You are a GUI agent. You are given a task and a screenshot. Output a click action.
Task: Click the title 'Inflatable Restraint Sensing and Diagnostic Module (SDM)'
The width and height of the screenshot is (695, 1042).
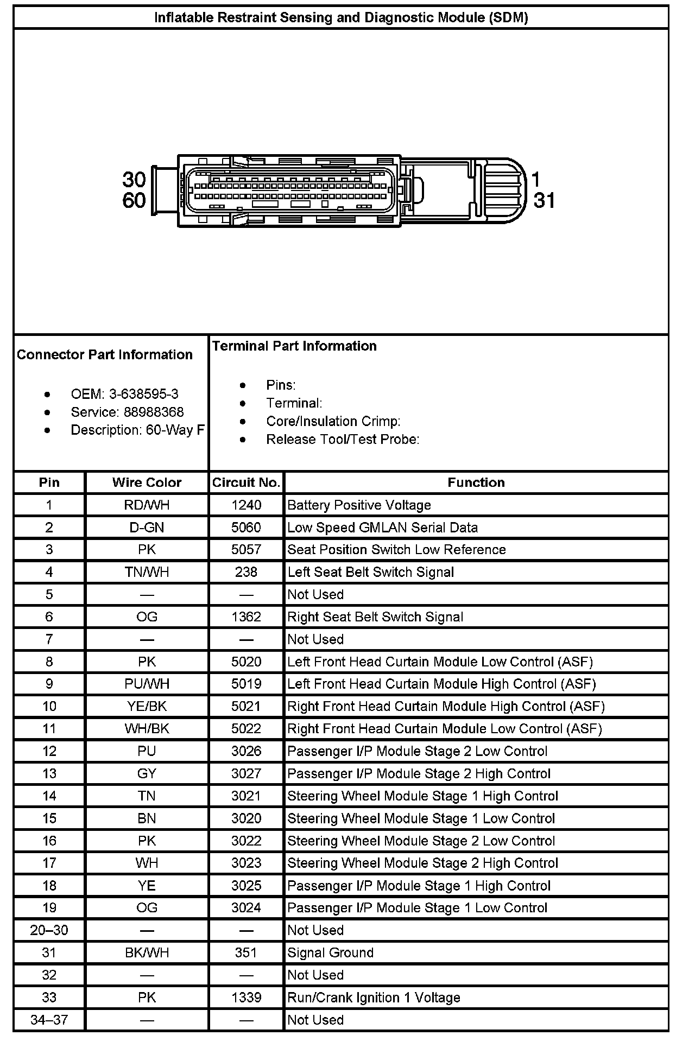(341, 17)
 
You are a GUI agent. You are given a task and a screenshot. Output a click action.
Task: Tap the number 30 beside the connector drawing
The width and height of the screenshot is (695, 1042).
(134, 179)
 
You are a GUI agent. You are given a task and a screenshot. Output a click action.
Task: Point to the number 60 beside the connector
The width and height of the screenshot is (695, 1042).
(134, 200)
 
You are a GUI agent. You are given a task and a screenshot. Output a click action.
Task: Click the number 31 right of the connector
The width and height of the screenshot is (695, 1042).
(544, 200)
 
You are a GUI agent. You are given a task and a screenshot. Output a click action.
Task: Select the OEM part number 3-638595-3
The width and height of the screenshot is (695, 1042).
(144, 394)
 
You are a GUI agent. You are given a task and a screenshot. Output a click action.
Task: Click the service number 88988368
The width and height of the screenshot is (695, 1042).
(154, 412)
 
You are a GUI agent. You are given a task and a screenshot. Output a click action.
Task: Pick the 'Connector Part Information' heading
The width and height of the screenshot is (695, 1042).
(105, 354)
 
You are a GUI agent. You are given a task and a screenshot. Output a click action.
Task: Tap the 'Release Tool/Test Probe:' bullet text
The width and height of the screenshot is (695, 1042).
(343, 439)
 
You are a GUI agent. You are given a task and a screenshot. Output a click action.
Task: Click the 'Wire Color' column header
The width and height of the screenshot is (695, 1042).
(147, 482)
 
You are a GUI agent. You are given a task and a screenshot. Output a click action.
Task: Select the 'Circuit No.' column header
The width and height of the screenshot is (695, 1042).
(246, 482)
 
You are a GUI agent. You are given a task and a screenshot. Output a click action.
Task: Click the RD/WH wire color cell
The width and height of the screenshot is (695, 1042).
(147, 505)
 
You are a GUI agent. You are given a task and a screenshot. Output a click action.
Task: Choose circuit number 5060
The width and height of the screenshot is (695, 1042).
(246, 528)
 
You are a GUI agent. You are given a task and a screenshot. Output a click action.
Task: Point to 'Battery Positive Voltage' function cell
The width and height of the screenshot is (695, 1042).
(359, 505)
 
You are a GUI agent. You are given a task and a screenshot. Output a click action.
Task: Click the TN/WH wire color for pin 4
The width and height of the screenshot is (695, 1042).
(147, 572)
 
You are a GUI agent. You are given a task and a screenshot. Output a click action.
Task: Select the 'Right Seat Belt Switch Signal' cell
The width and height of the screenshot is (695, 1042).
(375, 617)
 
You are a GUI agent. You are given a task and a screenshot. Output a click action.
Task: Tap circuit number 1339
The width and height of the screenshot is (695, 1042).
(246, 997)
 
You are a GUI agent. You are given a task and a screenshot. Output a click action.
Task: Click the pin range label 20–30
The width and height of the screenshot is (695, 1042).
(49, 930)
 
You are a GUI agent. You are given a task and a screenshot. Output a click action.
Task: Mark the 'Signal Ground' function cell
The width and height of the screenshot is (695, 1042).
(330, 952)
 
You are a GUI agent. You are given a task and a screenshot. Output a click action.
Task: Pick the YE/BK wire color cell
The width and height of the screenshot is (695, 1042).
(147, 706)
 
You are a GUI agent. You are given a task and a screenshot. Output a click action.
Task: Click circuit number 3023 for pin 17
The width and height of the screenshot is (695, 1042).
(246, 863)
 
